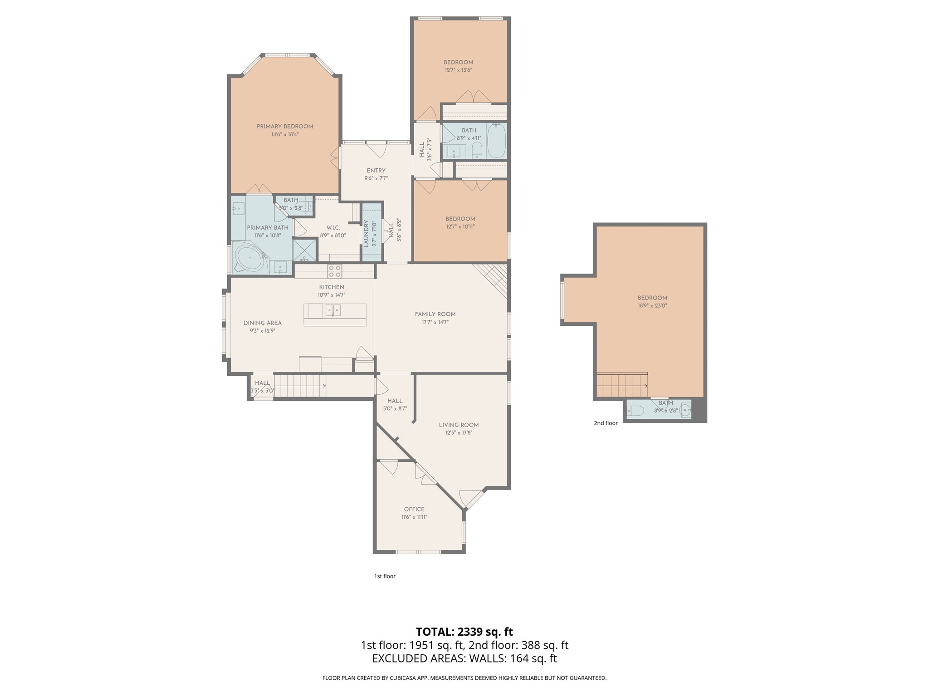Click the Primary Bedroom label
[285, 127]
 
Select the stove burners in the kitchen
[335, 271]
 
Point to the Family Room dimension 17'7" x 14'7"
[435, 322]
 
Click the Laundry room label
[366, 233]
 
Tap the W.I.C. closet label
[333, 228]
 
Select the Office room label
[414, 509]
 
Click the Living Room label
[459, 425]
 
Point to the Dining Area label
[263, 323]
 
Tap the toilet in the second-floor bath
[636, 411]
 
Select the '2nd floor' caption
[606, 423]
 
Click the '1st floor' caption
[385, 576]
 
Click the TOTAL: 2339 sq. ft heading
[464, 632]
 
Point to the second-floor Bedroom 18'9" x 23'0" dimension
[652, 306]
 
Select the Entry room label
[376, 171]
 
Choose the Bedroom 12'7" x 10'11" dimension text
[460, 227]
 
